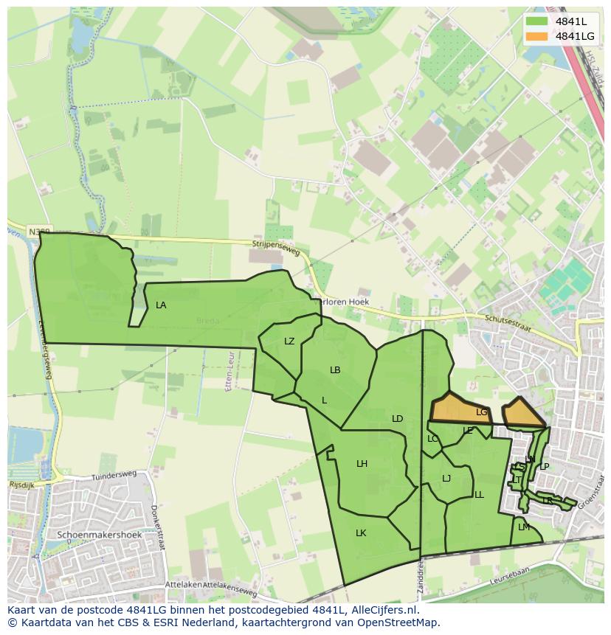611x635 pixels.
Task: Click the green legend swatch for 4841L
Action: (536, 21)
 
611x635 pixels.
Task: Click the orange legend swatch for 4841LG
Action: (536, 36)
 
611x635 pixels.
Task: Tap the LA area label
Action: (161, 305)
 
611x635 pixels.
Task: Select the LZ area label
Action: (289, 341)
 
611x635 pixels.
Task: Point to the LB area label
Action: (335, 370)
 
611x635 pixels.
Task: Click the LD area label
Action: (397, 419)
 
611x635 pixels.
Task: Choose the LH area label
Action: (362, 464)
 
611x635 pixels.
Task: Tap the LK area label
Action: (361, 532)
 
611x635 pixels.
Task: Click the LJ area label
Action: (446, 479)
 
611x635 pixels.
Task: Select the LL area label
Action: (479, 495)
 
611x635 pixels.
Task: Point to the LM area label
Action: (524, 527)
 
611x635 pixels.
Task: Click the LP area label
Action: (544, 466)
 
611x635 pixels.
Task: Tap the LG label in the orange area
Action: (482, 412)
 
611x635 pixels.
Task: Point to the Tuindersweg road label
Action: (114, 477)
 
